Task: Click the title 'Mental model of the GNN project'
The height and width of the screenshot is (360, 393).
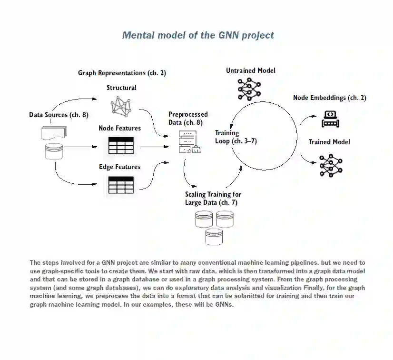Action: [x=198, y=35]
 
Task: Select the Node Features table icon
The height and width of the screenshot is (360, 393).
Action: [x=121, y=146]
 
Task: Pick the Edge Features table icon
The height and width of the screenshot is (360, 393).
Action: [x=121, y=184]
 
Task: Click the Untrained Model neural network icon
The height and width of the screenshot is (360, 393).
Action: [x=250, y=89]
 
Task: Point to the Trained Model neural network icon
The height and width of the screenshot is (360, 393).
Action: [x=330, y=165]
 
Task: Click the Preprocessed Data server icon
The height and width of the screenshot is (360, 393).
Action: [x=189, y=142]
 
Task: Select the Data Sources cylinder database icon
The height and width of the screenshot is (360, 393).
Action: [x=54, y=152]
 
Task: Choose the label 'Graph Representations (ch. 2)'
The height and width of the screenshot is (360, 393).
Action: [x=122, y=73]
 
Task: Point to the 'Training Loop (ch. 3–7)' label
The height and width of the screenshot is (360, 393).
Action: [x=236, y=137]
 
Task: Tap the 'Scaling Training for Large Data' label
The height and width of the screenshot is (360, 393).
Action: [x=213, y=199]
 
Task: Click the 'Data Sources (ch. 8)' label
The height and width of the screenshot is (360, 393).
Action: [x=59, y=115]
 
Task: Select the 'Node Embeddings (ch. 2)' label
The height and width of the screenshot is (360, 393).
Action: [x=329, y=98]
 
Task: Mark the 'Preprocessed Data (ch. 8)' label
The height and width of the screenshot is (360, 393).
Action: [x=188, y=119]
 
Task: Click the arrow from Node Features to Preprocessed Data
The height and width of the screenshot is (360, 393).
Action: [x=155, y=147]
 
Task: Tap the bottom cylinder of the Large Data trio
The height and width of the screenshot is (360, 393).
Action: [x=215, y=237]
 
